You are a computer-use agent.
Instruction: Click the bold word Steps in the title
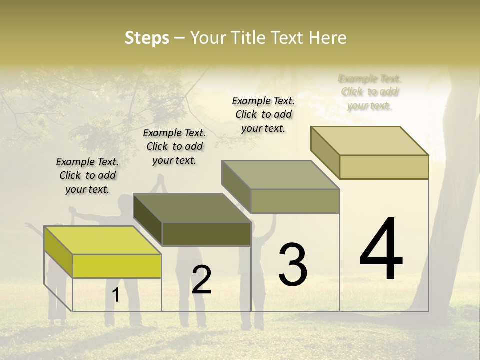pyautogui.click(x=147, y=38)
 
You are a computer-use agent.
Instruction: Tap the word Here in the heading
pyautogui.click(x=328, y=38)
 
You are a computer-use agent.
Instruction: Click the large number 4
pyautogui.click(x=381, y=249)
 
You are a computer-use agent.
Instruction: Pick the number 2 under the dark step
pyautogui.click(x=201, y=279)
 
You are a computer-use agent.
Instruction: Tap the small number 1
pyautogui.click(x=116, y=295)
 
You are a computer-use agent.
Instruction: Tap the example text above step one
pyautogui.click(x=87, y=175)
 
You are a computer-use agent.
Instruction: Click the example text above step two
pyautogui.click(x=174, y=146)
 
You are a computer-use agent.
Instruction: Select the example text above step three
pyautogui.click(x=263, y=114)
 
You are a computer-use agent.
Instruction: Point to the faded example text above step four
pyautogui.click(x=370, y=92)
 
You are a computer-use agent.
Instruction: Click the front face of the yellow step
pyautogui.click(x=117, y=266)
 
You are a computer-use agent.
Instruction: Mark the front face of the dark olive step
pyautogui.click(x=206, y=234)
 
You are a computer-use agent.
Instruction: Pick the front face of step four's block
pyautogui.click(x=384, y=167)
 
